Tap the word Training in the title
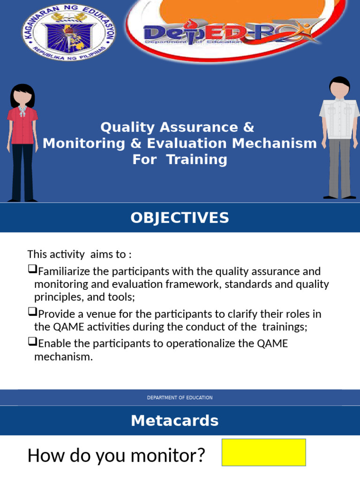tap(197, 159)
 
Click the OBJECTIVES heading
tap(180, 218)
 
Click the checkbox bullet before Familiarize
tap(32, 270)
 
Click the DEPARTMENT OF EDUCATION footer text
tap(180, 397)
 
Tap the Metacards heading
tap(175, 421)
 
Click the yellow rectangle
tap(263, 452)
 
